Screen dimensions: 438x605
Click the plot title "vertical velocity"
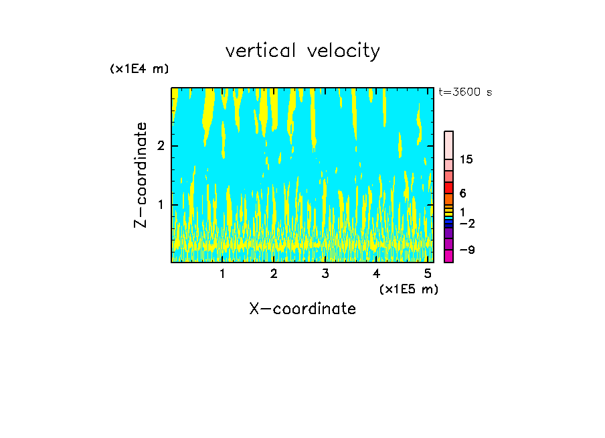[x=302, y=51]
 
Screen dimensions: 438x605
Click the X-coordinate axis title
[x=302, y=309]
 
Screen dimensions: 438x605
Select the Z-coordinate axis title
[x=141, y=175]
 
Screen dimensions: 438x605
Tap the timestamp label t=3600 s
[x=465, y=92]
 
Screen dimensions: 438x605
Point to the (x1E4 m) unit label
[x=139, y=69]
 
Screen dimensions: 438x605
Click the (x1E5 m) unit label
[x=408, y=289]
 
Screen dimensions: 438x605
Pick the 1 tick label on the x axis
[x=223, y=274]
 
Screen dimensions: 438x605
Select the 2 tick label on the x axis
[x=274, y=274]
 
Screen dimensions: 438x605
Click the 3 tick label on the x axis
[x=325, y=274]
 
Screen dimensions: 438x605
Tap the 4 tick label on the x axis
[x=376, y=274]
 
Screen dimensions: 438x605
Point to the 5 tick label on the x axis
[x=428, y=274]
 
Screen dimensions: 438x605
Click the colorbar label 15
[x=466, y=159]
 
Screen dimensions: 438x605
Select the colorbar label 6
[x=462, y=194]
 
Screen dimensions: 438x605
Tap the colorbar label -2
[x=466, y=224]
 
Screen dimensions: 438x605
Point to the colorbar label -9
[x=466, y=250]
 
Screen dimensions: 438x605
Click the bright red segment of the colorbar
[x=448, y=188]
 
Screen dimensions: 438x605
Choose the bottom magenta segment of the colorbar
[x=448, y=256]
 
